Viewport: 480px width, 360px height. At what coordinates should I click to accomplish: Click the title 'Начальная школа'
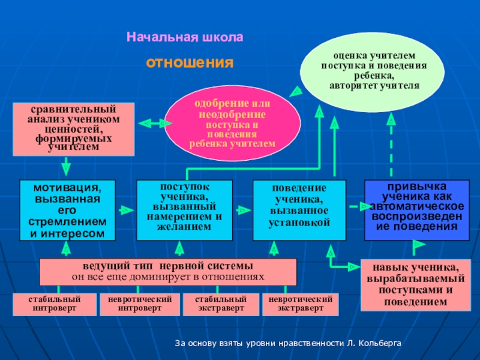point(185,37)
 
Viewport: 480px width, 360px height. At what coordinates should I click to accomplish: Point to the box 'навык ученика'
point(412,284)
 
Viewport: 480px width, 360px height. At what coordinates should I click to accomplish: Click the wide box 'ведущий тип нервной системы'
point(168,272)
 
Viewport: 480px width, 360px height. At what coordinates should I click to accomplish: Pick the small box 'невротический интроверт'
point(140,304)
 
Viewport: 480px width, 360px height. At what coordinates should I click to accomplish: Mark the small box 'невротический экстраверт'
point(301,304)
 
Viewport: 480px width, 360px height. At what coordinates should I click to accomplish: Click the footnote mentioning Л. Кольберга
point(288,344)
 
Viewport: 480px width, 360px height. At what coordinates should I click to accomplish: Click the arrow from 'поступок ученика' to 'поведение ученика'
point(242,210)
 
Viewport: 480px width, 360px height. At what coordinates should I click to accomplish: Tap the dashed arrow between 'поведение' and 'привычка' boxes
point(356,207)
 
